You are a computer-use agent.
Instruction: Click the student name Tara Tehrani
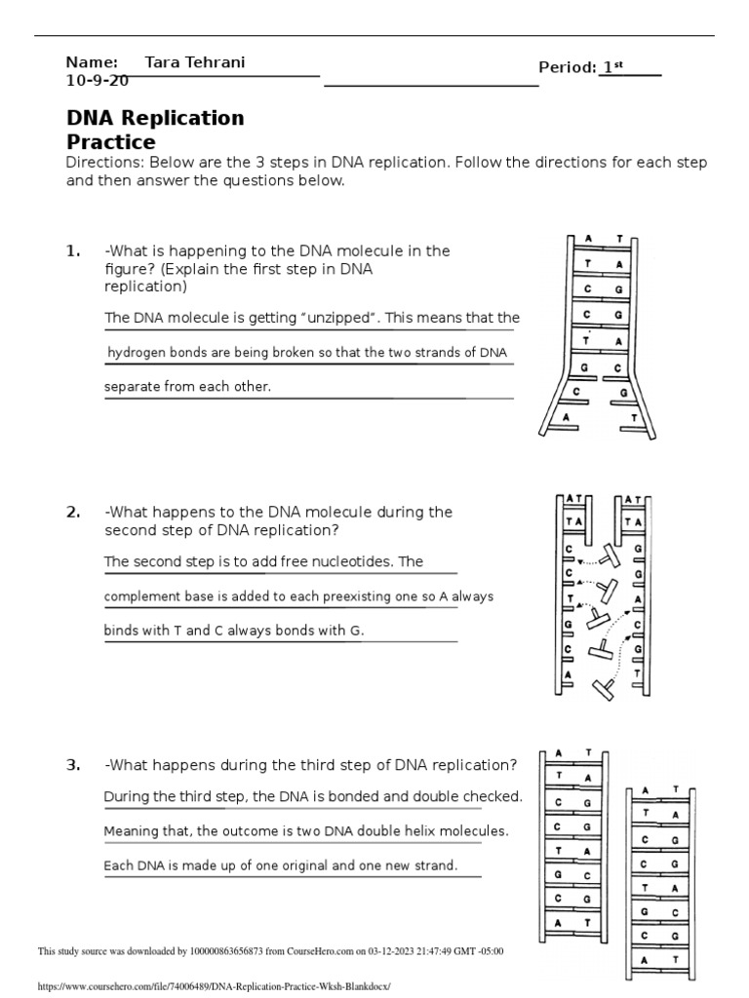click(194, 62)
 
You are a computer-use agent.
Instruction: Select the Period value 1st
click(612, 67)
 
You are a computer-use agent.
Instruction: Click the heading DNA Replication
click(155, 118)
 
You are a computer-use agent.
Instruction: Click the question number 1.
click(72, 250)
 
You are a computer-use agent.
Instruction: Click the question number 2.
click(72, 512)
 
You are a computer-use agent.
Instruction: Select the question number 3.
click(72, 764)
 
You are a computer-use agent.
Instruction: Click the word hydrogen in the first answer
click(138, 353)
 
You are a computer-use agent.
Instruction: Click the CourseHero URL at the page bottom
click(213, 986)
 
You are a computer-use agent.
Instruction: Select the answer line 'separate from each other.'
click(187, 387)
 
